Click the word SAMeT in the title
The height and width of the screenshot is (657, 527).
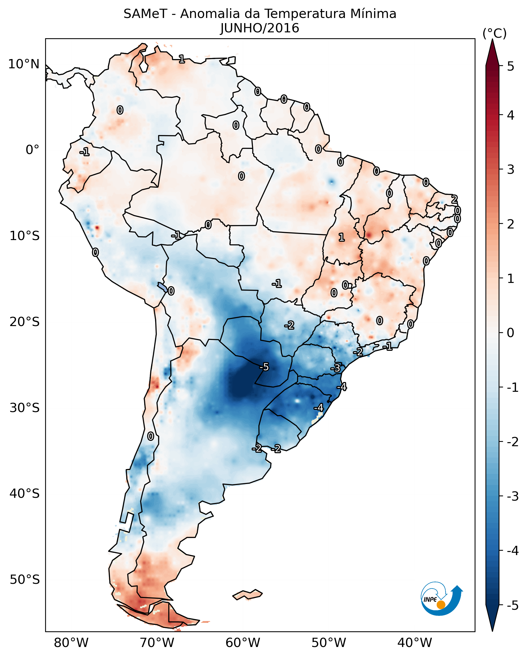click(x=145, y=14)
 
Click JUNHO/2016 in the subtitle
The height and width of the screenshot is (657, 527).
click(x=260, y=28)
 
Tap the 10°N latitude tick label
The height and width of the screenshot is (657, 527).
click(x=24, y=64)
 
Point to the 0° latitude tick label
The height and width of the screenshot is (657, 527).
click(x=32, y=150)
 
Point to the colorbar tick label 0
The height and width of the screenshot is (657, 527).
click(x=511, y=333)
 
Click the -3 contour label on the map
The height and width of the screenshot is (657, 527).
click(x=336, y=368)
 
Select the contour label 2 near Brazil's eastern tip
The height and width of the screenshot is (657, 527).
click(x=454, y=199)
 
